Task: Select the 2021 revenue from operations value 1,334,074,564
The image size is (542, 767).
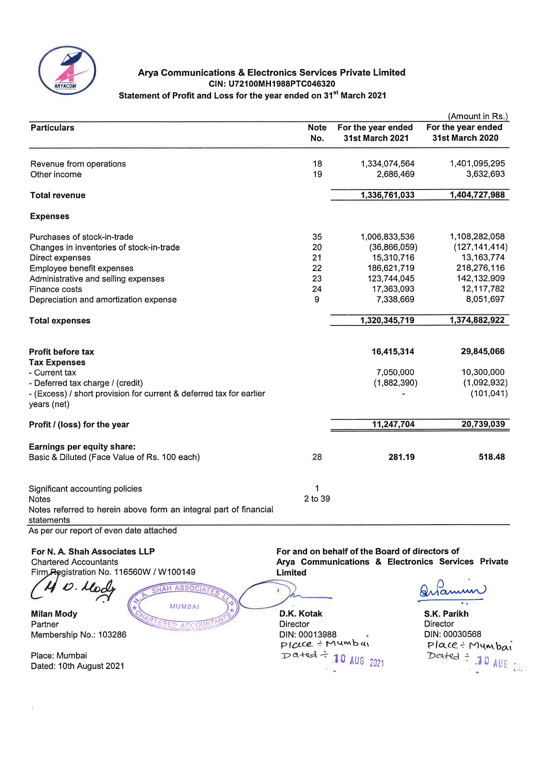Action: tap(387, 164)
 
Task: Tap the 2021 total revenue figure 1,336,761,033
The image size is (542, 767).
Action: tap(387, 195)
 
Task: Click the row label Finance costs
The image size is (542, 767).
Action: tap(55, 289)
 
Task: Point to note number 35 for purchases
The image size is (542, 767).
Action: tap(317, 237)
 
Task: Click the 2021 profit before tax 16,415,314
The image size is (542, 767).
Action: tap(392, 352)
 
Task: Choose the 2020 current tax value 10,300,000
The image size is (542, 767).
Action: tap(483, 373)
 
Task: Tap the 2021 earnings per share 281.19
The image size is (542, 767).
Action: tap(401, 457)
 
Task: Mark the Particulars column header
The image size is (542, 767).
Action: tap(52, 128)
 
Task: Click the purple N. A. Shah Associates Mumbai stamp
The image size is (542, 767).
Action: tap(183, 607)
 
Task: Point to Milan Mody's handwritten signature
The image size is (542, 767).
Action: tap(73, 589)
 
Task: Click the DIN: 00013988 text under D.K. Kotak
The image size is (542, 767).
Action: tap(308, 635)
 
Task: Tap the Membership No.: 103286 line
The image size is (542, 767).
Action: tap(78, 635)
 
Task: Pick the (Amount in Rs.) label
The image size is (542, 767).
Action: tap(478, 117)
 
